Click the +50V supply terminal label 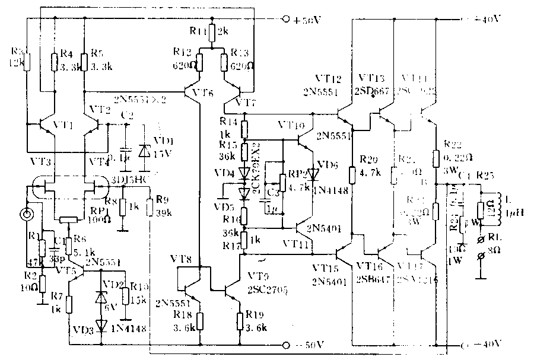click(307, 20)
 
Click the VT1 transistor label click(61, 126)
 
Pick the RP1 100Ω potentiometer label click(98, 210)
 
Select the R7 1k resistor click(69, 304)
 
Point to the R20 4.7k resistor click(352, 175)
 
